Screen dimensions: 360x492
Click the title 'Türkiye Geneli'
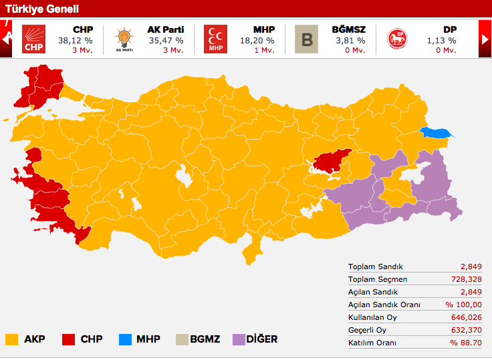(x=42, y=9)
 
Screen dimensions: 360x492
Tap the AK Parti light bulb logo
(x=124, y=39)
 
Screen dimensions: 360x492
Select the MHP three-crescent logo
(x=215, y=39)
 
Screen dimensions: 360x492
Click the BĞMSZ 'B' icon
(x=307, y=39)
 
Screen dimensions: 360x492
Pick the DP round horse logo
(x=398, y=39)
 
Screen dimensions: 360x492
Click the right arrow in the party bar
(x=485, y=39)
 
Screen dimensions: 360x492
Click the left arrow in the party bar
(x=7, y=39)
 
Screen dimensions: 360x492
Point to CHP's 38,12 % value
(x=75, y=40)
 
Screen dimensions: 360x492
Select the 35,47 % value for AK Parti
(x=166, y=40)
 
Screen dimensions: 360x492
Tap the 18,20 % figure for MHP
(x=257, y=40)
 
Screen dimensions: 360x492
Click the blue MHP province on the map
(x=437, y=132)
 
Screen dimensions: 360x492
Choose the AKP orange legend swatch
(x=11, y=339)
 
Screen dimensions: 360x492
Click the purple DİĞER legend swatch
(x=239, y=339)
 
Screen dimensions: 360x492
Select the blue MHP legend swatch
(x=124, y=339)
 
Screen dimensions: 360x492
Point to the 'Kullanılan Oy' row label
(x=374, y=317)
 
